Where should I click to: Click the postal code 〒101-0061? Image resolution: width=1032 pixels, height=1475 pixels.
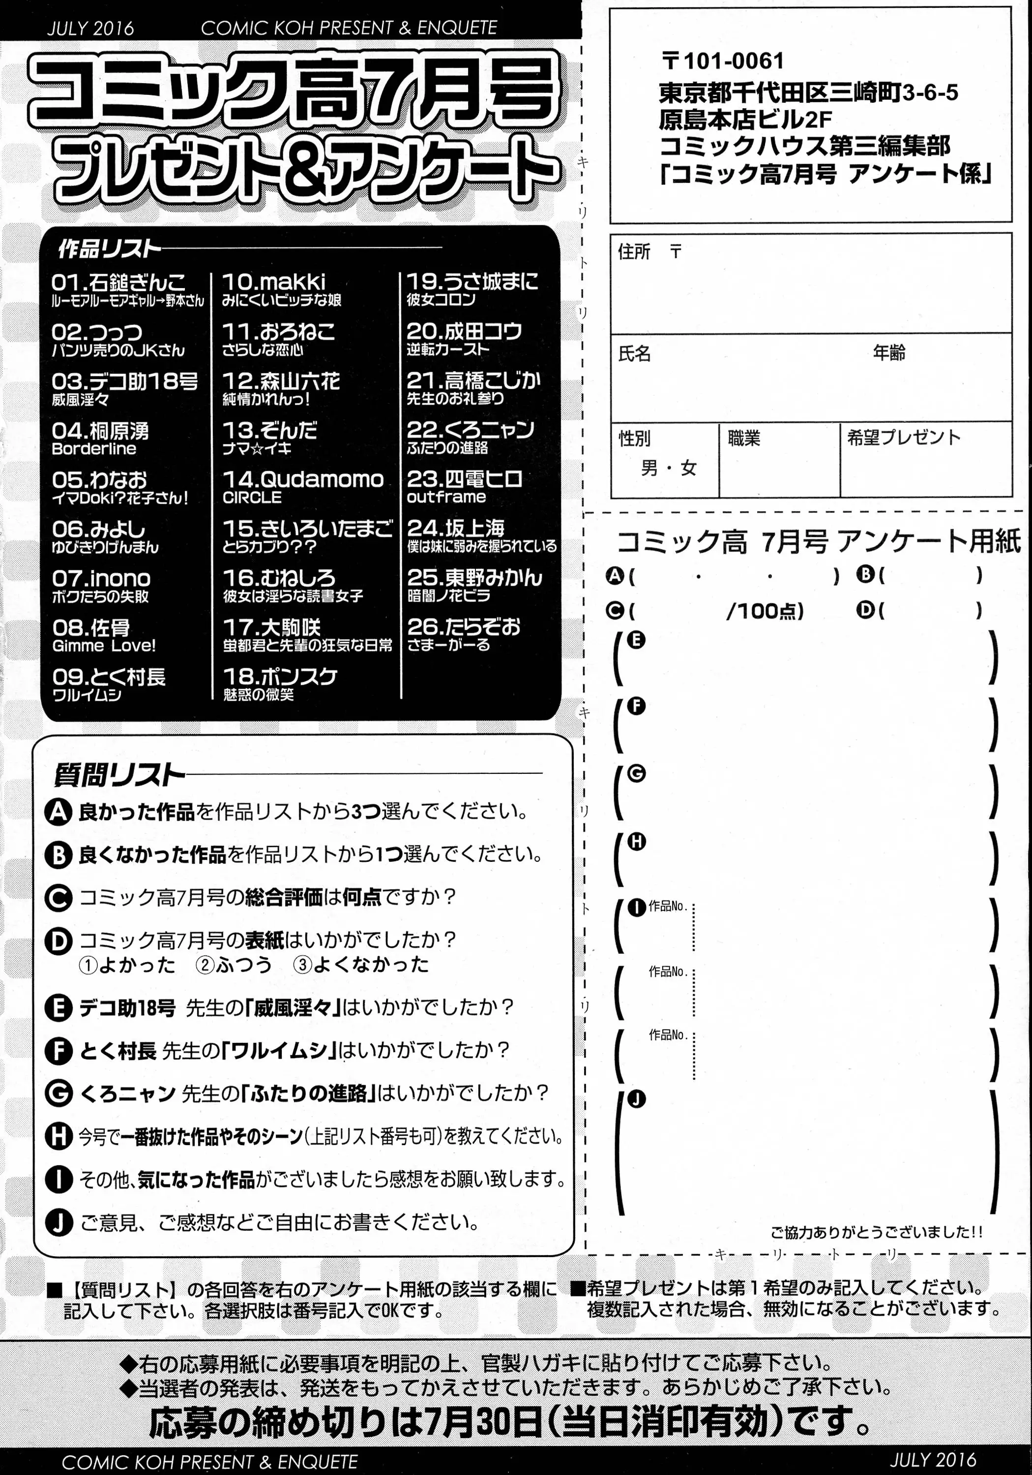point(722,61)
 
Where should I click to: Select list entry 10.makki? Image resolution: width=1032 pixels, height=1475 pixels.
point(274,281)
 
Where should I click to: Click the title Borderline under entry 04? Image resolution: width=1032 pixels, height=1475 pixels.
point(94,449)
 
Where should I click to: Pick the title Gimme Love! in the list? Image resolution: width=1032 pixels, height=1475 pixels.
point(104,646)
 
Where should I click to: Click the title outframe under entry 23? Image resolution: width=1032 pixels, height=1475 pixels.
point(446,497)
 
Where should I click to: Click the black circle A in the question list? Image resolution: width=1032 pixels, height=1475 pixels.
point(58,813)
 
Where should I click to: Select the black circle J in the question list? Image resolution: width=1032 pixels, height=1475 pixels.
point(58,1222)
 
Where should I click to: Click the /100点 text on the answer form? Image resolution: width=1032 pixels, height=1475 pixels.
point(765,611)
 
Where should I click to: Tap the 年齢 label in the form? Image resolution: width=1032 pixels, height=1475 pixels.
point(889,353)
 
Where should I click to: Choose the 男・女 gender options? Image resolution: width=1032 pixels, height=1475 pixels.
point(668,469)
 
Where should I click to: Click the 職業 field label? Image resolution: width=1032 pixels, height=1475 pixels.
point(743,439)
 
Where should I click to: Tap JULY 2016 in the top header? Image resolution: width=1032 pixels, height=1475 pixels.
point(90,28)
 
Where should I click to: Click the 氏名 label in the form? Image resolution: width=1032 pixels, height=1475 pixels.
point(634,354)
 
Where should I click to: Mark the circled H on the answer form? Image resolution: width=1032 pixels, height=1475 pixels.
point(636,842)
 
